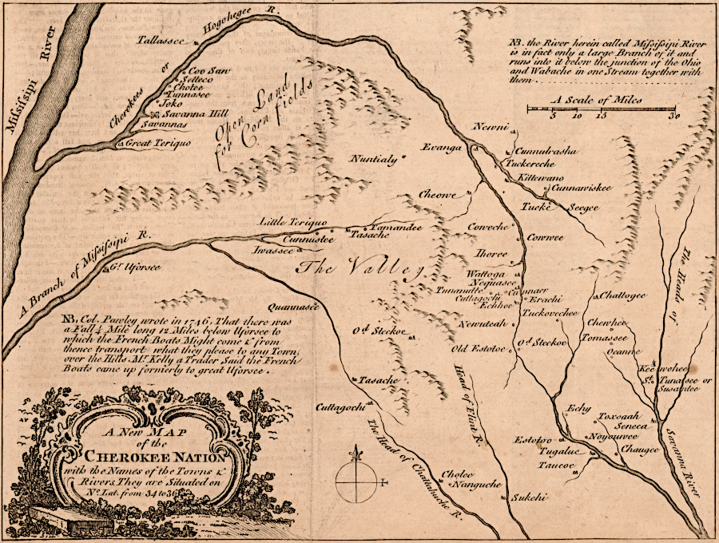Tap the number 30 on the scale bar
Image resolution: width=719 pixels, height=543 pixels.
pyautogui.click(x=676, y=116)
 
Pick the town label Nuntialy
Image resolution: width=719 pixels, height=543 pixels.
pyautogui.click(x=374, y=158)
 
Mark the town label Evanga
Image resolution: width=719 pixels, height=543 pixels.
pyautogui.click(x=443, y=149)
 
